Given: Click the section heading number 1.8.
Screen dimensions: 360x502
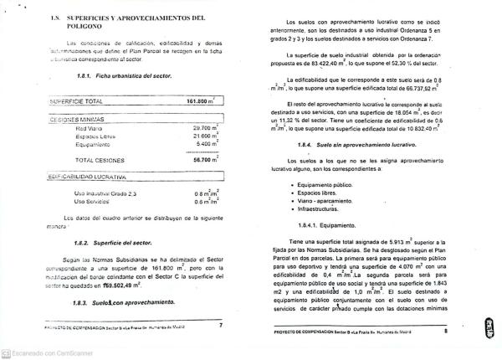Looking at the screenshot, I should (x=56, y=17).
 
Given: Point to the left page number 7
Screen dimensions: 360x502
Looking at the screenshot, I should (x=220, y=325).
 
